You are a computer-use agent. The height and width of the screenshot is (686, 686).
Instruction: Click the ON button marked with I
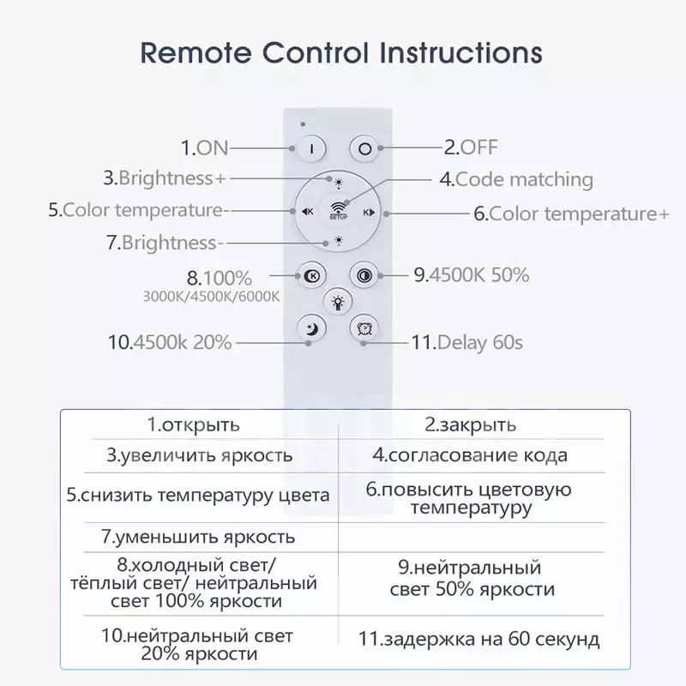[x=311, y=148]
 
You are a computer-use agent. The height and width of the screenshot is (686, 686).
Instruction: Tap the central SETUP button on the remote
[x=338, y=212]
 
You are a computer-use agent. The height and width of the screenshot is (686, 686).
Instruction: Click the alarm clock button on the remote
[x=364, y=328]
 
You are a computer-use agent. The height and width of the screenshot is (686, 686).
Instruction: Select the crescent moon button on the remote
[x=311, y=328]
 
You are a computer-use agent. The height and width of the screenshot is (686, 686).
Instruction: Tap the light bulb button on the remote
[x=338, y=302]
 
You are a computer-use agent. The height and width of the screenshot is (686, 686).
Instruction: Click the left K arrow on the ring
[x=308, y=212]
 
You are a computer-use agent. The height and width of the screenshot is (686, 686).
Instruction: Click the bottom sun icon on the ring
[x=339, y=241]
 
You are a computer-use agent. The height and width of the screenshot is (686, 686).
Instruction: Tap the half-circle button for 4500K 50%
[x=364, y=275]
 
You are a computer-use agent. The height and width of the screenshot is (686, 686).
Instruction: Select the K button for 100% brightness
[x=311, y=275]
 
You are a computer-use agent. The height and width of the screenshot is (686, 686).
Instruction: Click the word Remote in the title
[x=196, y=53]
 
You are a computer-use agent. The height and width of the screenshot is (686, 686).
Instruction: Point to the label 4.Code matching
[x=516, y=179]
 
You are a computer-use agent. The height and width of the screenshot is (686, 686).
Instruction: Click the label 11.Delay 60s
[x=467, y=342]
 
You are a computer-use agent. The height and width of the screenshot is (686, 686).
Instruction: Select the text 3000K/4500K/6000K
[x=211, y=297]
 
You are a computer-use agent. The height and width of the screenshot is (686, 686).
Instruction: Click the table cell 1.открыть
[x=194, y=424]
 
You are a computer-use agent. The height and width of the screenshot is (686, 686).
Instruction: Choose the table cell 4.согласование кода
[x=470, y=455]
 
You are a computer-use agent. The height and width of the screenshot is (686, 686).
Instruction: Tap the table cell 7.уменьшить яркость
[x=198, y=537]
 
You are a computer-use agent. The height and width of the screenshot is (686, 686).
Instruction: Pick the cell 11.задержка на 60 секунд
[x=479, y=639]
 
